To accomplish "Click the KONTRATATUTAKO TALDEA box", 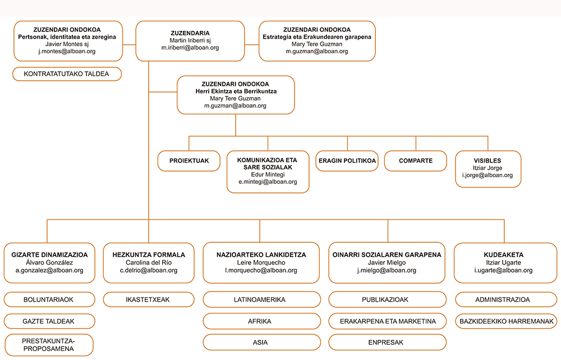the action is [x=67, y=74].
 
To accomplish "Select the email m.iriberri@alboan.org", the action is [x=190, y=48].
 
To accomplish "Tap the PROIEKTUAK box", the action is [x=189, y=161].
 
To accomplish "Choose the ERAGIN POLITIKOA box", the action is [x=347, y=161].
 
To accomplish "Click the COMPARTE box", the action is [x=415, y=161].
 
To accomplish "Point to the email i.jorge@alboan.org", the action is [x=488, y=175].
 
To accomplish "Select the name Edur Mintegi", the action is [x=268, y=174].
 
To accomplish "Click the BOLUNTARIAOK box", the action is [x=49, y=299].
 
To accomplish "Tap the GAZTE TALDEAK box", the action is [x=49, y=321].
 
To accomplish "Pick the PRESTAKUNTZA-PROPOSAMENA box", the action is [x=49, y=345].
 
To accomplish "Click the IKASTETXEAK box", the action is [x=149, y=299].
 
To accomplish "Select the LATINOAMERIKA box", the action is [x=261, y=299].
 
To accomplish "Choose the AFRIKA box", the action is [x=261, y=321].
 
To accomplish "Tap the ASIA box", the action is [x=261, y=343].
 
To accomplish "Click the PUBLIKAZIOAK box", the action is [x=387, y=299].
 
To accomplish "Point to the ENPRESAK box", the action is [x=387, y=343].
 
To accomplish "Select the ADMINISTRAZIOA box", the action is [x=506, y=299].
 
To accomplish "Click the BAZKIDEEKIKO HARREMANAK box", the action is [x=506, y=321].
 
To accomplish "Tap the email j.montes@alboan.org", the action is [x=67, y=51].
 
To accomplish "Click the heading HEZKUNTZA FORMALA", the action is [x=149, y=255].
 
